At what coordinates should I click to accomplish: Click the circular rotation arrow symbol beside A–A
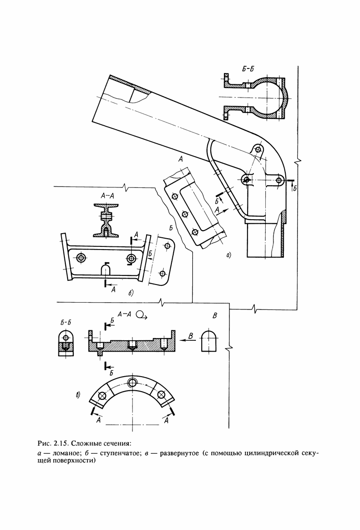click(x=141, y=315)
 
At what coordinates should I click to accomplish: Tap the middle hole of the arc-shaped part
click(x=132, y=383)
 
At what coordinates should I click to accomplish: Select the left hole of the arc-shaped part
click(x=102, y=396)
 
